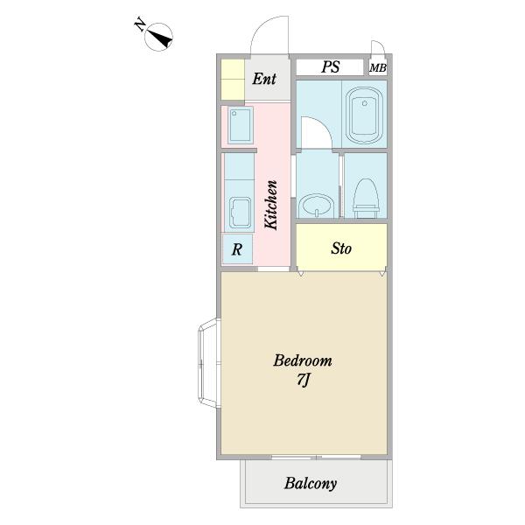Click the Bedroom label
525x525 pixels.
tap(303, 360)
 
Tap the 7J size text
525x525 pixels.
tap(304, 380)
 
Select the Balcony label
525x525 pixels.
tap(311, 484)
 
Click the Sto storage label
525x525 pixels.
tap(341, 248)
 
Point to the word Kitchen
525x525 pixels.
tap(271, 205)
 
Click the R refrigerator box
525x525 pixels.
tap(237, 249)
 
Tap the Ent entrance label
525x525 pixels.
tap(264, 79)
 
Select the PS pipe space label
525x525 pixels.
tap(331, 67)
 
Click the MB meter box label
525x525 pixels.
tap(378, 68)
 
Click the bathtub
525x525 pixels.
tap(365, 115)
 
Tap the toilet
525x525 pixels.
tap(366, 199)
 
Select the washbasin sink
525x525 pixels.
tap(316, 206)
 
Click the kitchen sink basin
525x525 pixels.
tap(240, 212)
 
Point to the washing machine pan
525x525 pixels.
tap(241, 125)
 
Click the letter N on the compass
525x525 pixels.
tap(140, 25)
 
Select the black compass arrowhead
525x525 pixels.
tap(161, 38)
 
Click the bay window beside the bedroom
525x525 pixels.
tap(209, 363)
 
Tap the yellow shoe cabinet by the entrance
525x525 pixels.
tap(233, 80)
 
